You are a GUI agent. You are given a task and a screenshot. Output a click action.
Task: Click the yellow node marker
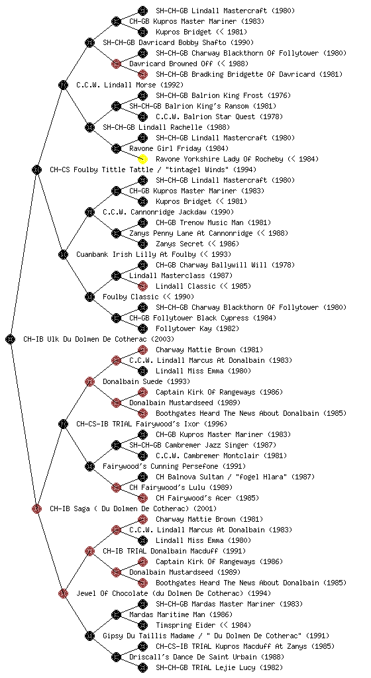coord(142,159)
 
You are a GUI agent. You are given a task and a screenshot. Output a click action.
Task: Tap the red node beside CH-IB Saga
coord(36,508)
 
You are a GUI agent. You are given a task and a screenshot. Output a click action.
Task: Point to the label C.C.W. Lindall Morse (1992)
coord(130,85)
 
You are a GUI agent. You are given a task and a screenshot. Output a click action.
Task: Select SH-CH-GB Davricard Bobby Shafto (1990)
coord(178,42)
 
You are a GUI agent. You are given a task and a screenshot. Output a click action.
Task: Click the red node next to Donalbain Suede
coord(89,381)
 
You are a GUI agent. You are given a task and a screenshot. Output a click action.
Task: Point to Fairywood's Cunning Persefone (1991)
coord(174,466)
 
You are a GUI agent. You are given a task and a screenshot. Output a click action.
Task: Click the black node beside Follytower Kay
coord(142,328)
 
